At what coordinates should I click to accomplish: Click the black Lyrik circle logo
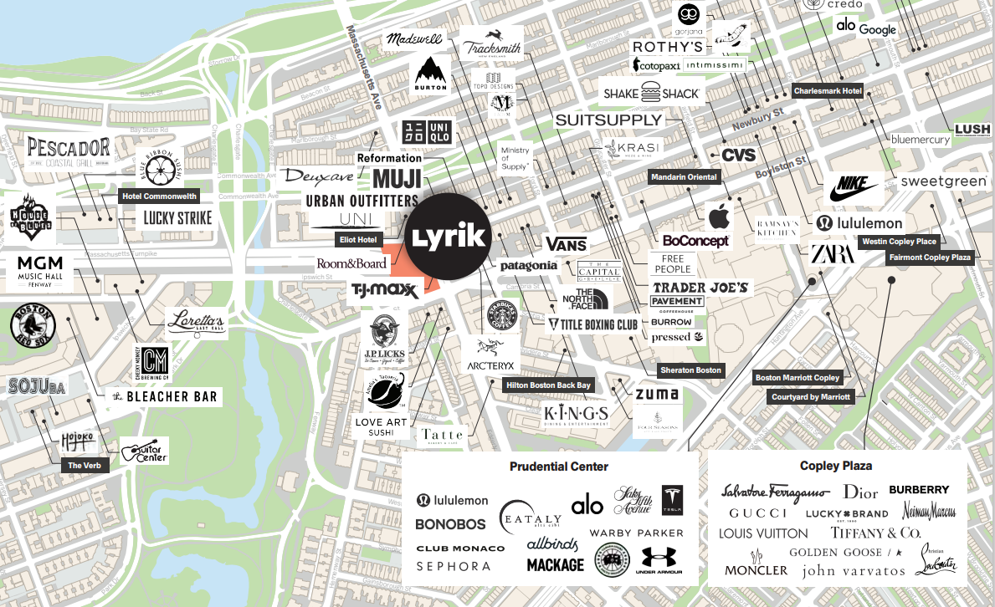click(449, 236)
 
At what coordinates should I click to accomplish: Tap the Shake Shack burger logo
click(651, 94)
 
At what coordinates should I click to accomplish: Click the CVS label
click(738, 155)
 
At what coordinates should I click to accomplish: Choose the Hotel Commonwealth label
click(159, 196)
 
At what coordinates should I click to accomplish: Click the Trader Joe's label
click(700, 287)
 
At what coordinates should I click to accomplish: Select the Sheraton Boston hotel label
click(690, 370)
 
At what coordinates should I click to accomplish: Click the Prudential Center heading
click(559, 467)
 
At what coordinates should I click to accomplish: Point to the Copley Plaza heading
click(836, 466)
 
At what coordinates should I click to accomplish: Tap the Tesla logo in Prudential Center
click(672, 499)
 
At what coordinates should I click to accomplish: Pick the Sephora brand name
click(454, 566)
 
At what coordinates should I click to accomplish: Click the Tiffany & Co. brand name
click(875, 533)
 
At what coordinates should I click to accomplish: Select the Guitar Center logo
click(145, 451)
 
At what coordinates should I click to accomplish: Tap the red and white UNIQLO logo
click(428, 131)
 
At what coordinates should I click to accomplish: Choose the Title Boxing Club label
click(592, 324)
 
